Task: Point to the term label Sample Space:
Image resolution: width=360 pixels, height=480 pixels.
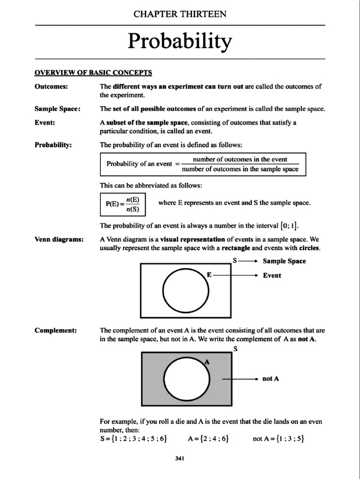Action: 57,109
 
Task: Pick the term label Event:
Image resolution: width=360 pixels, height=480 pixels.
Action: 45,122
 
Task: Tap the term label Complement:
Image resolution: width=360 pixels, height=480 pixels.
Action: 56,330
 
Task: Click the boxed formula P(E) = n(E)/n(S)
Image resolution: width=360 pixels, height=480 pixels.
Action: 122,203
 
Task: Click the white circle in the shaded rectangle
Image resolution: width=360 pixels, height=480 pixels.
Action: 187,378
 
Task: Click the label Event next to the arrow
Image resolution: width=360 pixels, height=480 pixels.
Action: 272,276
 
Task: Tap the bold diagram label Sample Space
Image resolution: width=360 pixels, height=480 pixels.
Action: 284,261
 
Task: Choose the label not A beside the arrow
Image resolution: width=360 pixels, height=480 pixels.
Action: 271,379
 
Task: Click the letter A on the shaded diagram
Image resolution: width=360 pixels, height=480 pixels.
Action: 207,362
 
